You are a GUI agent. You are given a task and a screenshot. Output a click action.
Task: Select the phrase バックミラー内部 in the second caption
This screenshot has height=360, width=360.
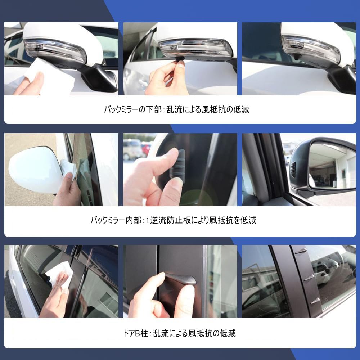click(x=116, y=220)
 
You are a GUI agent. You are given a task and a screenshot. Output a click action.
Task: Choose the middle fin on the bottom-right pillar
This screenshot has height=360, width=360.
click(x=309, y=277)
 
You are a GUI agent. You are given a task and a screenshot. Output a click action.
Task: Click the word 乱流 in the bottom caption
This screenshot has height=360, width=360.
click(x=160, y=333)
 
